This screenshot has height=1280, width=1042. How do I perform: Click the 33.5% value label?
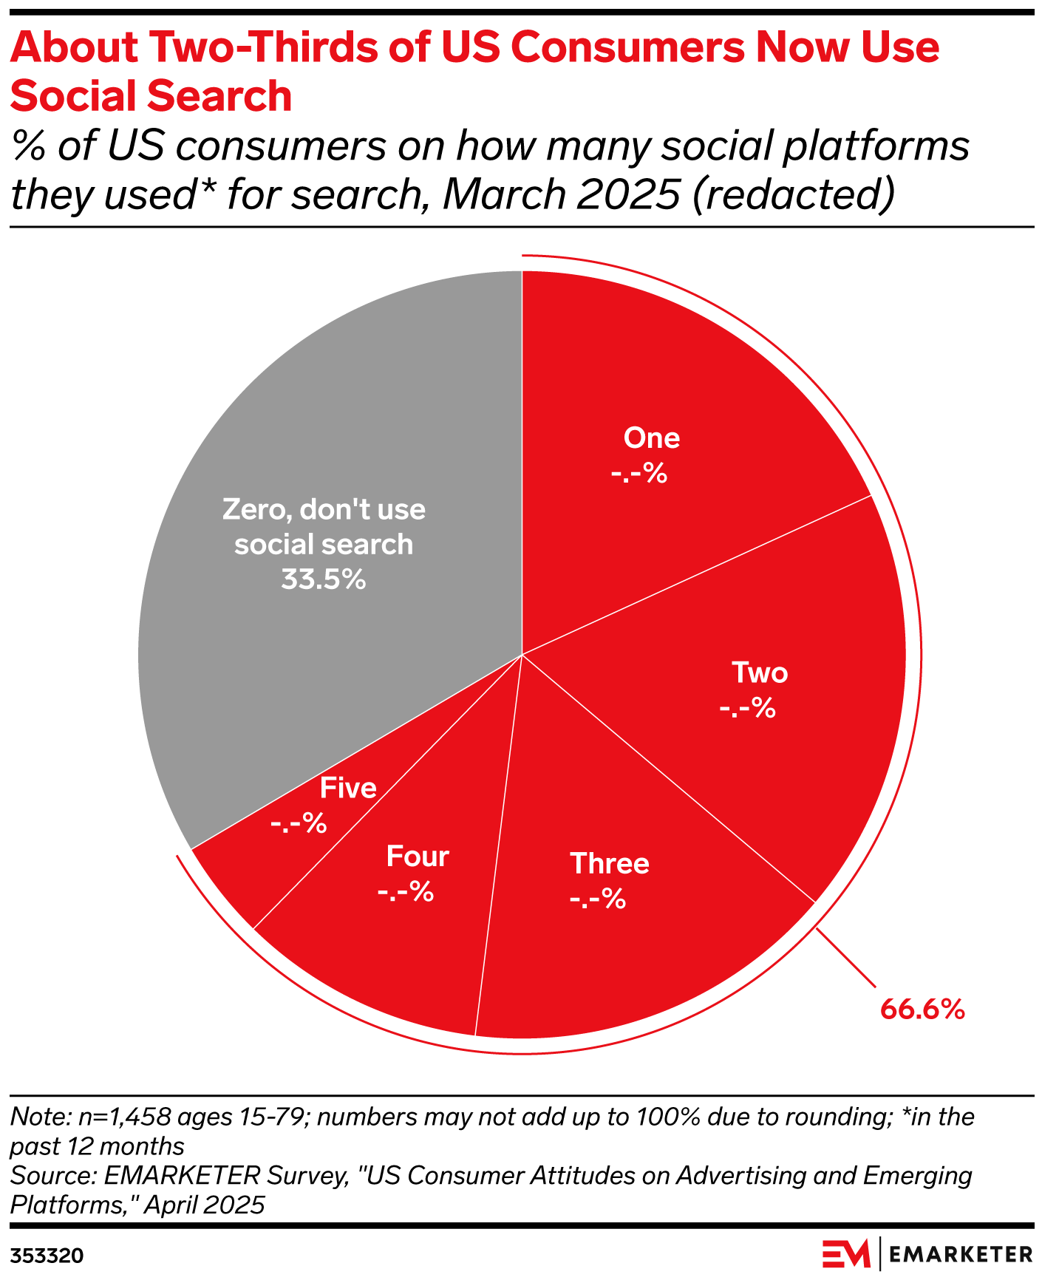pos(324,580)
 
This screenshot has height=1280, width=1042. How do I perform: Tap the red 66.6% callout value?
pos(922,1009)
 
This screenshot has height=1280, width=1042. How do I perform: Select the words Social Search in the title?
pos(151,97)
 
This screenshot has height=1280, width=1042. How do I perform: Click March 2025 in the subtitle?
pos(561,194)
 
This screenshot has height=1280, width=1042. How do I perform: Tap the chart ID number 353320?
pos(47,1256)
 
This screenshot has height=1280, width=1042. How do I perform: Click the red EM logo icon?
pos(847,1254)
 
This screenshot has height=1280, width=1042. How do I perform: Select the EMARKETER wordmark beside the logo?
pos(961,1254)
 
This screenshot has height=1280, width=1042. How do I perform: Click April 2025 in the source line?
pos(204,1205)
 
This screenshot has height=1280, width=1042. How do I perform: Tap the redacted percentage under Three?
pos(598,899)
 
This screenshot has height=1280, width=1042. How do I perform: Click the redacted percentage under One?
pos(639,474)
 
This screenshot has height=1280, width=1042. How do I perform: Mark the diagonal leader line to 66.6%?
pos(846,957)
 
